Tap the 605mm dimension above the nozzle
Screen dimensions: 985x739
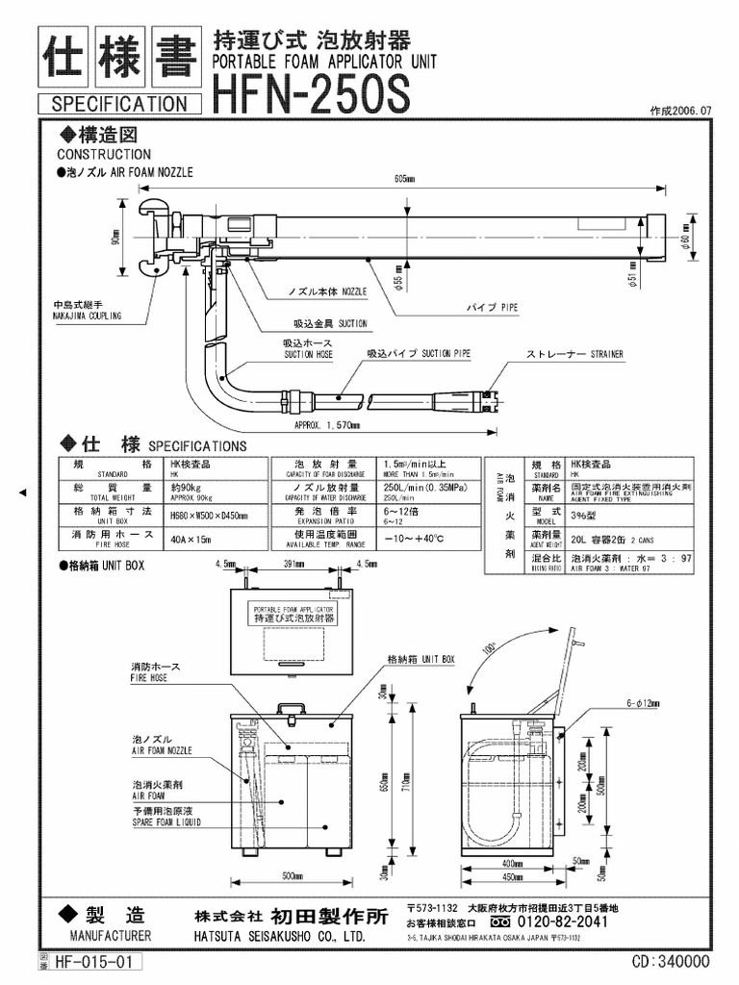404,179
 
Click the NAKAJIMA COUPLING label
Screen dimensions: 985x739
88,312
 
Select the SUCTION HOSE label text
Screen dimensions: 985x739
307,348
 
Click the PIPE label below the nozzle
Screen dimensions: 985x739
493,307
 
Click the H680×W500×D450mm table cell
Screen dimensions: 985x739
209,516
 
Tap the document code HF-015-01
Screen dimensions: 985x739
97,961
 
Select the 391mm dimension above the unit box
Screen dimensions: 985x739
290,565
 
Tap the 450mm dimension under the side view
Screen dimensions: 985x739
512,876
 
